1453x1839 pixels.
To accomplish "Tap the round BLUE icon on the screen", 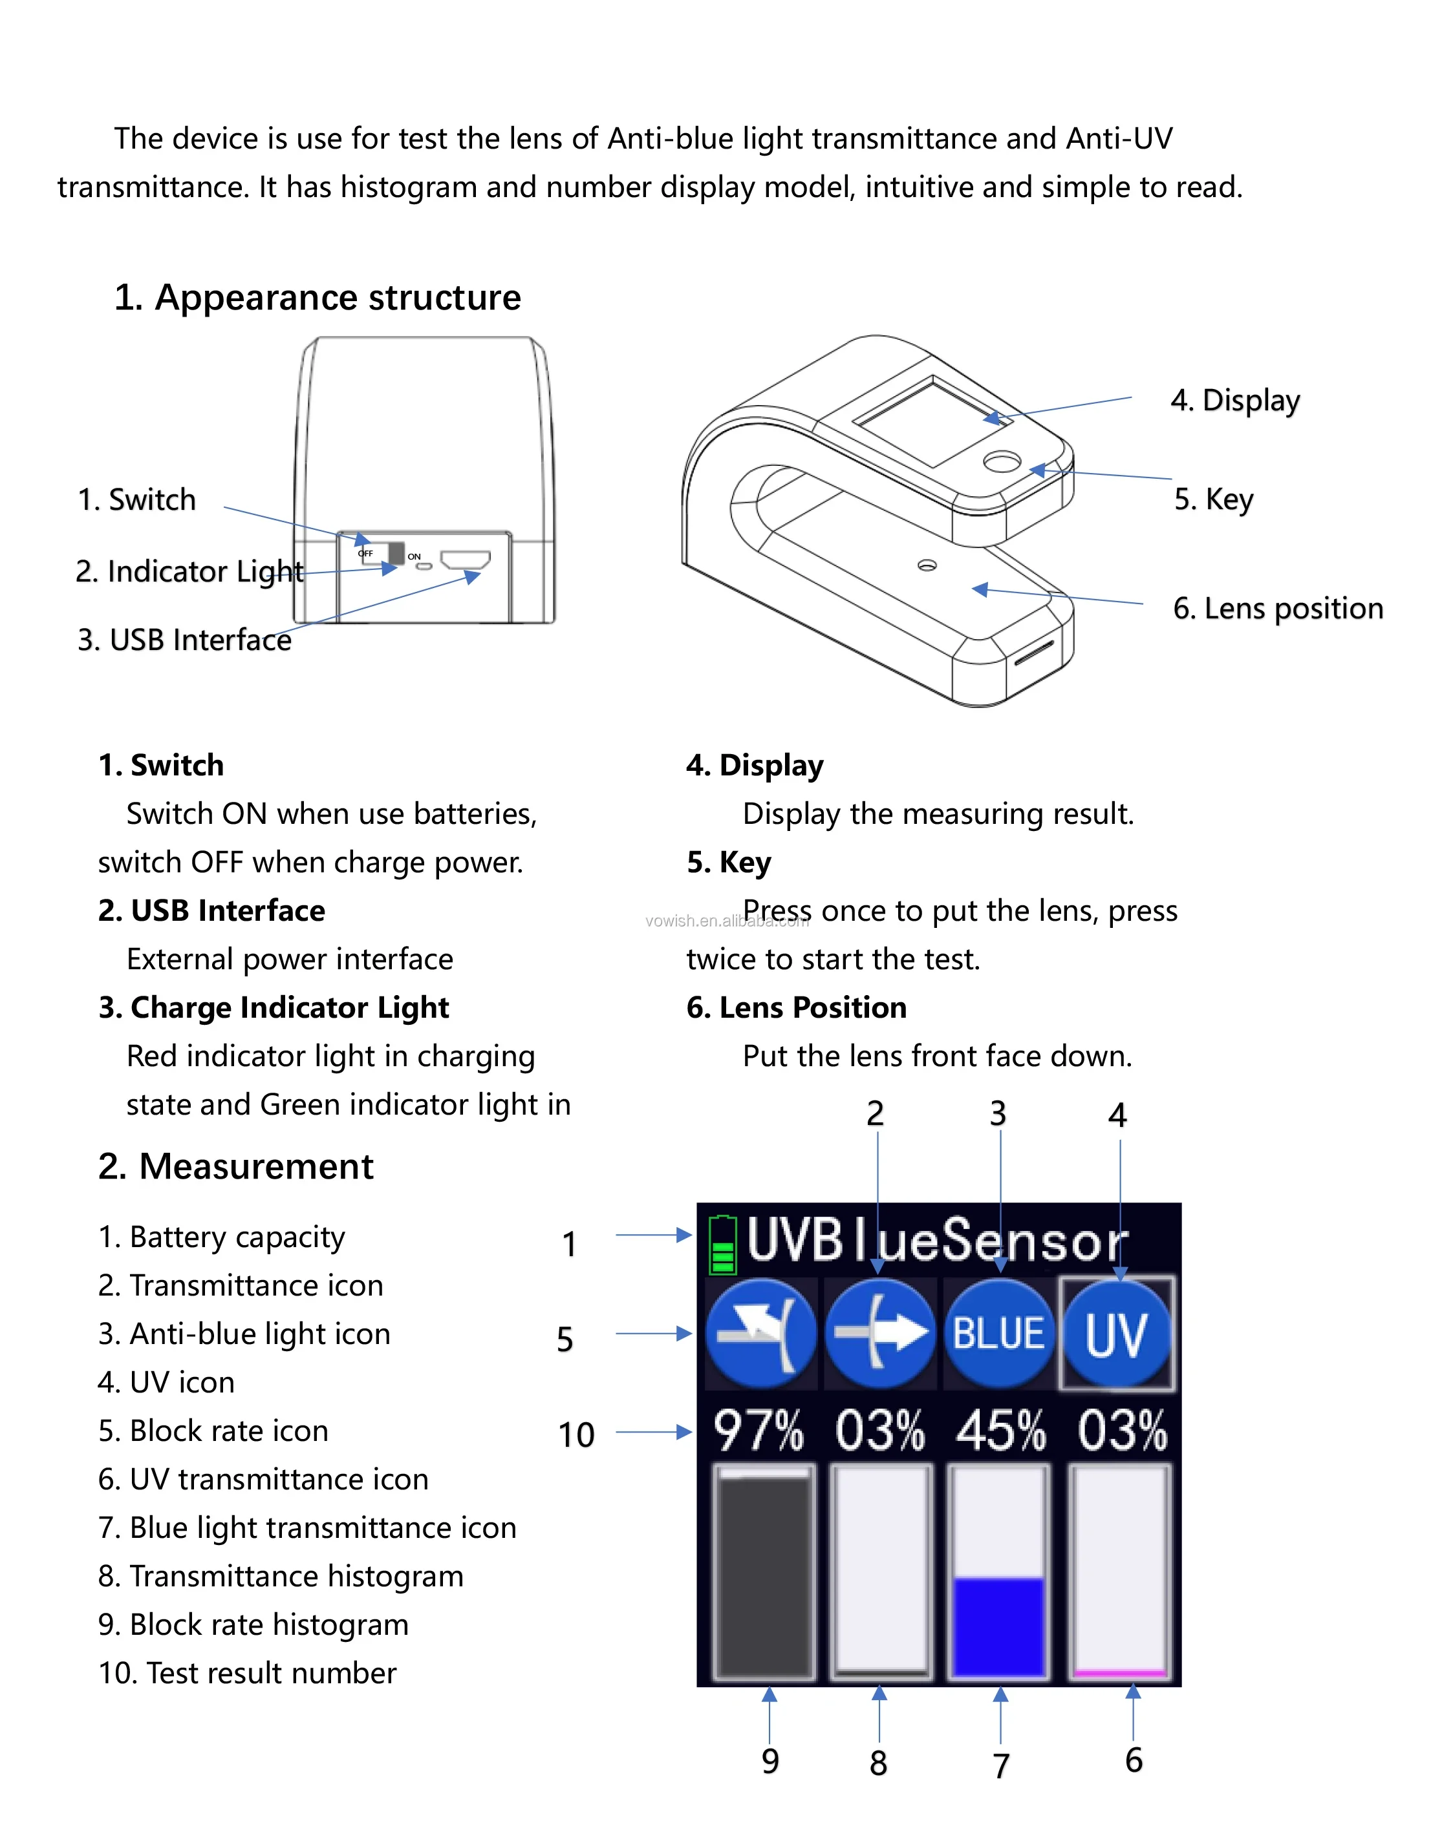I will (x=998, y=1333).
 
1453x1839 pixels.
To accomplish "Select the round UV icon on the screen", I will (x=1116, y=1333).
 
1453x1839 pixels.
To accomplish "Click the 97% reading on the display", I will (x=758, y=1430).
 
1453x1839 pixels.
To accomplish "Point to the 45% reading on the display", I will (x=1000, y=1430).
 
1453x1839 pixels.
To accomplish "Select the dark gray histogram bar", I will (x=763, y=1573).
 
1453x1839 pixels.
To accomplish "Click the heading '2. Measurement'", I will (x=235, y=1166).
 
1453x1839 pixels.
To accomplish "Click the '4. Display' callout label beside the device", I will (x=1235, y=401).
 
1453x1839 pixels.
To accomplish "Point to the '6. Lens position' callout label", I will (x=1278, y=609).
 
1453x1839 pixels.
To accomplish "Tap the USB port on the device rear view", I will (x=466, y=560).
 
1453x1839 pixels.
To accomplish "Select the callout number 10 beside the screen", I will (x=576, y=1435).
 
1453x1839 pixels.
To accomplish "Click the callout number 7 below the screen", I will (x=1001, y=1766).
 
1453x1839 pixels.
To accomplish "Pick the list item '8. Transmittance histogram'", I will (x=281, y=1576).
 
